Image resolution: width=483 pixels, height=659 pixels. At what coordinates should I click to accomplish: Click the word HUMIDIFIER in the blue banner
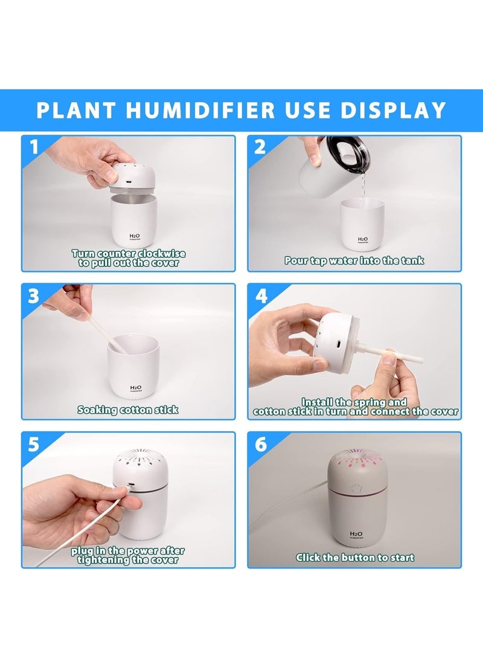[x=200, y=110]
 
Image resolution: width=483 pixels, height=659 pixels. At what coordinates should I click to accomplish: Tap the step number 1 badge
[x=34, y=147]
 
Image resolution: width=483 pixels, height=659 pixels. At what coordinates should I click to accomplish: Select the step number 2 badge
[x=260, y=147]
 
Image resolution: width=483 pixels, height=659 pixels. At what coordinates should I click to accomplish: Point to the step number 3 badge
[x=34, y=296]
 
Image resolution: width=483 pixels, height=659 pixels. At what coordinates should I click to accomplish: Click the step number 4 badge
[x=261, y=297]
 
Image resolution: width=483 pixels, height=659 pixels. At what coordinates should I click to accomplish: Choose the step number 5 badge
[x=34, y=445]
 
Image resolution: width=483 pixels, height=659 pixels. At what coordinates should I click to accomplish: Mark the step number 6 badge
[x=260, y=444]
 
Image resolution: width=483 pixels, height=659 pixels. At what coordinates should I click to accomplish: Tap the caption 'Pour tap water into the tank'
[x=354, y=260]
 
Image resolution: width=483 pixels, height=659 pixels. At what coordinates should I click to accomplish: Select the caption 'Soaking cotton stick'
[x=127, y=410]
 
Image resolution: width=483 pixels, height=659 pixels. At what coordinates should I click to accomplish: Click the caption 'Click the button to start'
[x=355, y=558]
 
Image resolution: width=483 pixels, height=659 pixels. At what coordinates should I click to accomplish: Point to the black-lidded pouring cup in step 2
[x=332, y=167]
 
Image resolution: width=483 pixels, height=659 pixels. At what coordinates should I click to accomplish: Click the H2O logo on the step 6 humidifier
[x=356, y=534]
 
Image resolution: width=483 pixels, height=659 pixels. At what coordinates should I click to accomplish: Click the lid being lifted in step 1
[x=133, y=176]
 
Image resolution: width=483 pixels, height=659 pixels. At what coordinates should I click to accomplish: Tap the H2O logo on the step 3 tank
[x=136, y=388]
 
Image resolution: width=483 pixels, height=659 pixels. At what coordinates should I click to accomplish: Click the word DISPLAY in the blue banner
[x=393, y=110]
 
